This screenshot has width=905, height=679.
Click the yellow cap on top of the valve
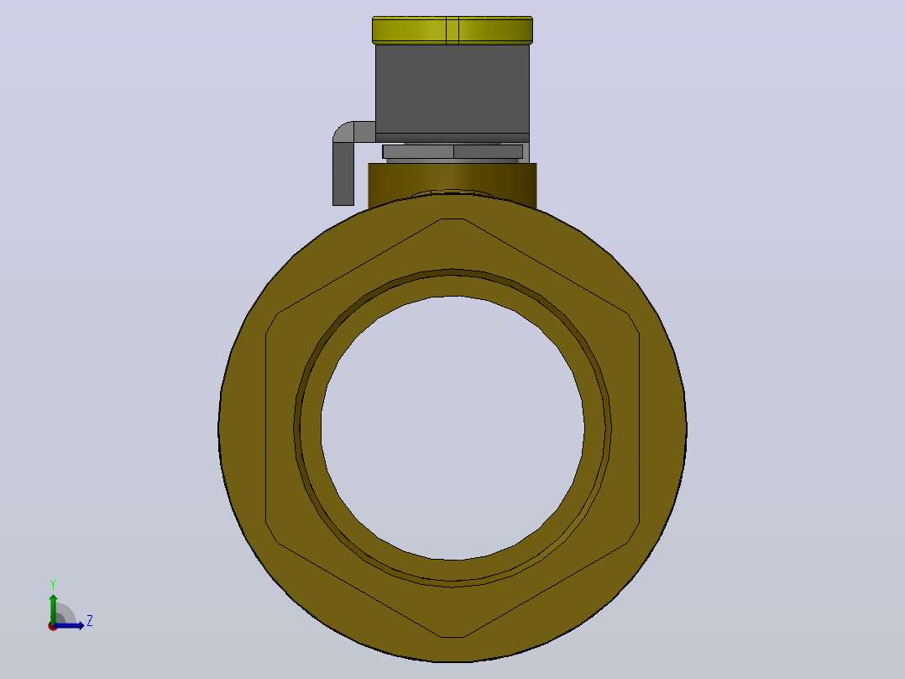[x=452, y=30]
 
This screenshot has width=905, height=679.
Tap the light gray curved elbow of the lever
[x=351, y=131]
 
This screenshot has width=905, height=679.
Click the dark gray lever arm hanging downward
[x=343, y=173]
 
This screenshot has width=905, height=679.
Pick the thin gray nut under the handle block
[x=452, y=151]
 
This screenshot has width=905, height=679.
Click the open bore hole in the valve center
[x=452, y=429]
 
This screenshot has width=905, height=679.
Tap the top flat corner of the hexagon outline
[x=453, y=219]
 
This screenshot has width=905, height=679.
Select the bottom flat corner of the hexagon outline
[x=453, y=637]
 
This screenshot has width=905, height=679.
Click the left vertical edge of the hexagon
[x=265, y=429]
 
